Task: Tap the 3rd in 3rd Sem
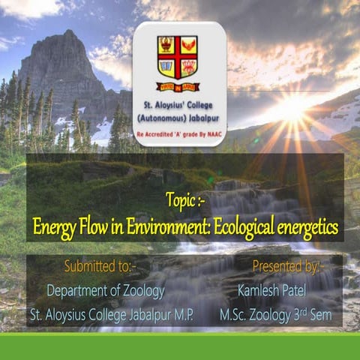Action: coord(296,313)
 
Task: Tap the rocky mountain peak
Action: coord(69,45)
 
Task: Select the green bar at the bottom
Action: coord(180,346)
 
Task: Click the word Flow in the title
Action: coord(94,226)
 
